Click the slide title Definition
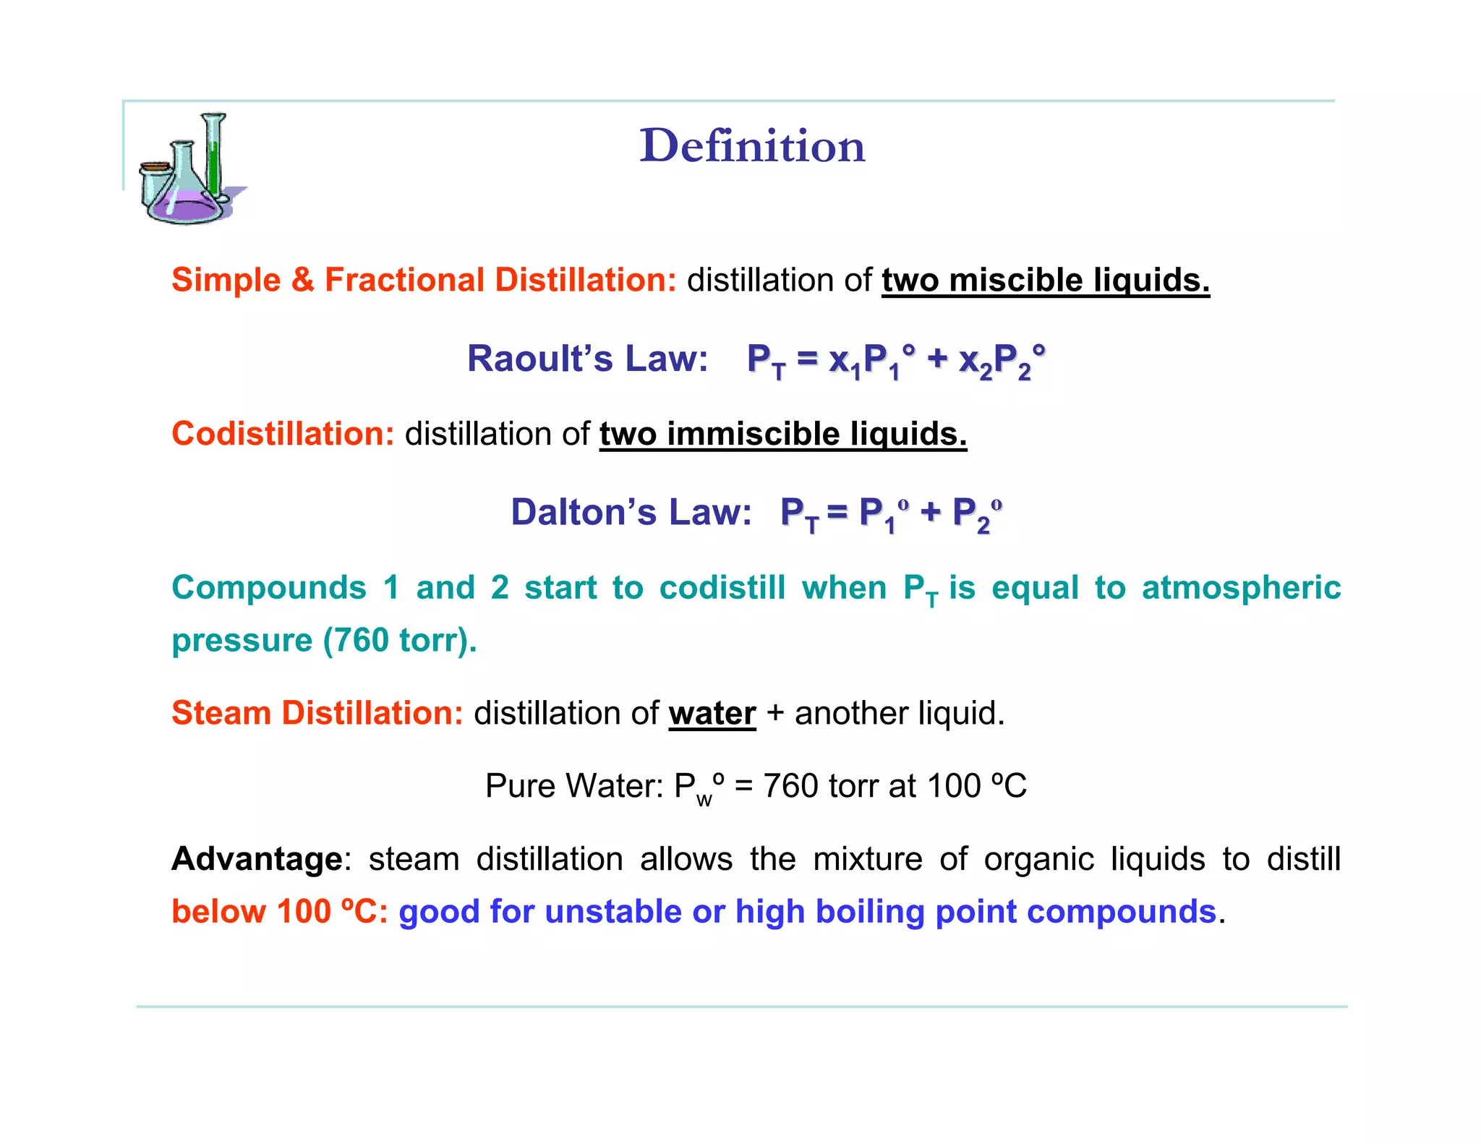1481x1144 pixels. [x=752, y=145]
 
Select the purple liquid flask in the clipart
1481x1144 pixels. [x=187, y=206]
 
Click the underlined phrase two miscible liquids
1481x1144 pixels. [x=1045, y=280]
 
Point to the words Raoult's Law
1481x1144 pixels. [x=587, y=359]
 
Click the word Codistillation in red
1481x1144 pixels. [x=282, y=434]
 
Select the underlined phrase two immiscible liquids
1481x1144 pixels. [x=782, y=434]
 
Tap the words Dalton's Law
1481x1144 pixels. [x=631, y=512]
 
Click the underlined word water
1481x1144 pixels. [x=712, y=713]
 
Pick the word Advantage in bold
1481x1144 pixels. [x=257, y=859]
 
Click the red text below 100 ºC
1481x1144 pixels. [x=279, y=911]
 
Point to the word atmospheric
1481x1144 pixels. [x=1241, y=587]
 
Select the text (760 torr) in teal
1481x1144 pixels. [x=399, y=640]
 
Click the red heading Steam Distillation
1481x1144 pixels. [x=317, y=713]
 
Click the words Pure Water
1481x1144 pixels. [x=573, y=786]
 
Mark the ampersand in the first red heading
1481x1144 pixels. [x=302, y=280]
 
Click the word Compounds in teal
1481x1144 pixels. [x=269, y=587]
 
